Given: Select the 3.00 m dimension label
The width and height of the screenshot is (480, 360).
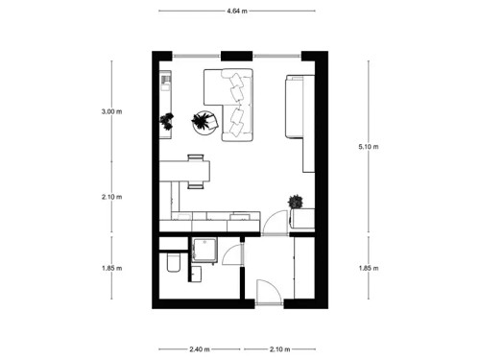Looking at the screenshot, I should [112, 111].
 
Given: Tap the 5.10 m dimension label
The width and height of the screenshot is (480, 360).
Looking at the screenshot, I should [368, 147].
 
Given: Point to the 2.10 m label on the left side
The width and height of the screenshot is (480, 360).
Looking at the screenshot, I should [112, 197].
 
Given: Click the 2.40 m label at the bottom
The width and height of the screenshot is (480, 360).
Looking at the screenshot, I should [199, 348].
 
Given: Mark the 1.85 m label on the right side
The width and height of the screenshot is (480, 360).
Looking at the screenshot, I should [368, 269].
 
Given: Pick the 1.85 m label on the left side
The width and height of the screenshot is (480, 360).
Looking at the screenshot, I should [112, 269].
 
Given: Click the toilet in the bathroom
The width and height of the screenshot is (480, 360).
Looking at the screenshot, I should [170, 262].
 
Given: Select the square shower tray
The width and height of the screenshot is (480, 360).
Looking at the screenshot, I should [204, 250].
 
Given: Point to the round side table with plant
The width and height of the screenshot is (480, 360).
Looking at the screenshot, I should [203, 121].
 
